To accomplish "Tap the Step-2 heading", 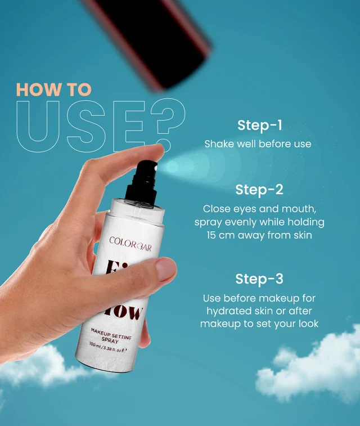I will point(259,190).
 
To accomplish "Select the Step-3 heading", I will point(259,279).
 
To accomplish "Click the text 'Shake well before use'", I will point(258,144).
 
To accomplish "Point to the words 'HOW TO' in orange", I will point(54,89).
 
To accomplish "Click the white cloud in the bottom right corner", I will point(315,371).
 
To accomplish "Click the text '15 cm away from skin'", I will point(259,235).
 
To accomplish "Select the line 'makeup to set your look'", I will point(259,324).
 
